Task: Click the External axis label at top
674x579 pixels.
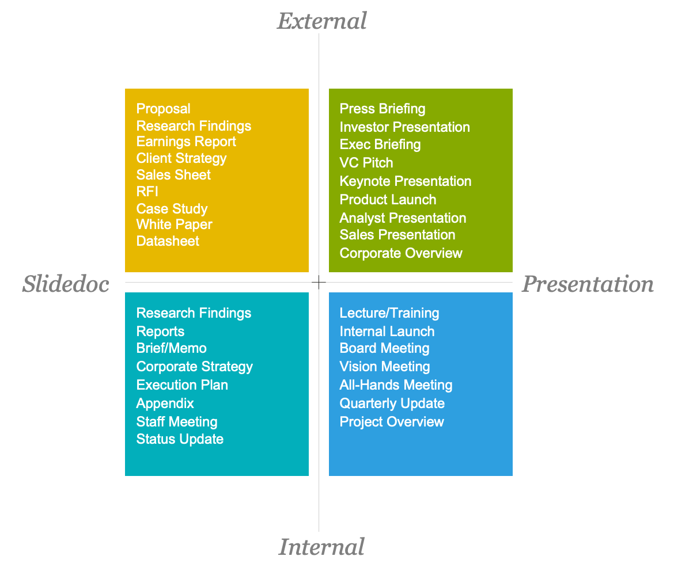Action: pos(321,21)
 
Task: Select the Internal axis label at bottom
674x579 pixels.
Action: pos(321,547)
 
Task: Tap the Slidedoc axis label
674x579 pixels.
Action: pos(66,284)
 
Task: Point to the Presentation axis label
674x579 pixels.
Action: pos(588,284)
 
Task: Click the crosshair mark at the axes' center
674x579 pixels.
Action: pos(319,282)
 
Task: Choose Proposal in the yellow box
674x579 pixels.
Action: pos(163,109)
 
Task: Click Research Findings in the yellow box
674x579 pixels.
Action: pos(194,126)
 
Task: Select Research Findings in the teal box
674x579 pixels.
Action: pos(194,313)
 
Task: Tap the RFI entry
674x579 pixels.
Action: pos(147,192)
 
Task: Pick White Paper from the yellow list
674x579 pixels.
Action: pos(174,224)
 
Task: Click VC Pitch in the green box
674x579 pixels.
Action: pos(366,163)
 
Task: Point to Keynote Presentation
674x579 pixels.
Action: pos(405,181)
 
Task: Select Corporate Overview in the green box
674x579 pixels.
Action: pos(400,253)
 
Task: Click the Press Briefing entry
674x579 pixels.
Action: pos(382,109)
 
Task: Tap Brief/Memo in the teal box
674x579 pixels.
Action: pos(171,348)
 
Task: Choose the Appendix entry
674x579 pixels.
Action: pos(165,403)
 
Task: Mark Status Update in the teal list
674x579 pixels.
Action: pos(180,439)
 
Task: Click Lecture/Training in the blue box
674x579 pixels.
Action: pos(389,313)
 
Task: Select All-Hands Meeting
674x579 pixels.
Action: pos(396,385)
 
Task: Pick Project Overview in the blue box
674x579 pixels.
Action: pos(392,422)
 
